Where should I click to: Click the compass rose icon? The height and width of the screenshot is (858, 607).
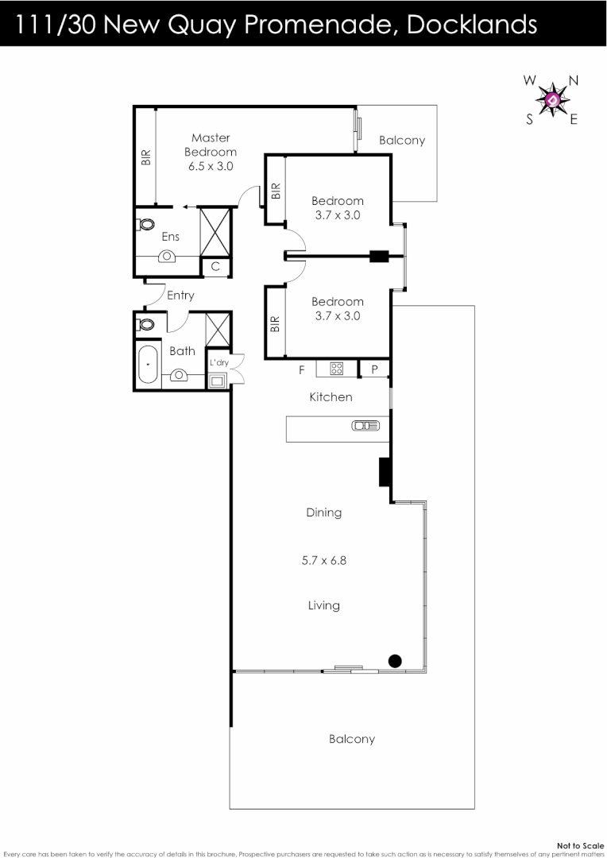[552, 100]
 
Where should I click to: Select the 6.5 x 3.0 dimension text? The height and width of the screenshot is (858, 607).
[211, 166]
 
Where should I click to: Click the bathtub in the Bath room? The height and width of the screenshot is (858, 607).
[148, 365]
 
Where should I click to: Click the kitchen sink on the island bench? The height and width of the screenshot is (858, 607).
[362, 427]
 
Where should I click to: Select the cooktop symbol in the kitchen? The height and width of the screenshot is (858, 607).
[338, 369]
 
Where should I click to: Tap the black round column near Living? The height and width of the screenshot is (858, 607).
[394, 659]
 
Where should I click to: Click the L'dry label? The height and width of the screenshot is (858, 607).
[219, 362]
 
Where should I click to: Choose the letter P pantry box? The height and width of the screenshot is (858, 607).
[374, 369]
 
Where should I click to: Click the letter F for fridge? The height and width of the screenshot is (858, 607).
[301, 369]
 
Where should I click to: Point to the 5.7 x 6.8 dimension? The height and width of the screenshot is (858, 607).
[324, 560]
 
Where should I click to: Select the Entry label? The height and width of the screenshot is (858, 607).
[180, 296]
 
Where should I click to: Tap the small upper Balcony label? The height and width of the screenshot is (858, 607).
[402, 141]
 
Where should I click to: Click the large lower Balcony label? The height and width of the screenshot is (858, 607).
[351, 739]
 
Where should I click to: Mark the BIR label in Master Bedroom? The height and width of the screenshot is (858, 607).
[145, 157]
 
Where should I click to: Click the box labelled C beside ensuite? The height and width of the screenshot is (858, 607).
[215, 267]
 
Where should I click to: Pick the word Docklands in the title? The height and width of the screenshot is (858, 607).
[471, 25]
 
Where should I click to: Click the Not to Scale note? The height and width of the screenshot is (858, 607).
[580, 845]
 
